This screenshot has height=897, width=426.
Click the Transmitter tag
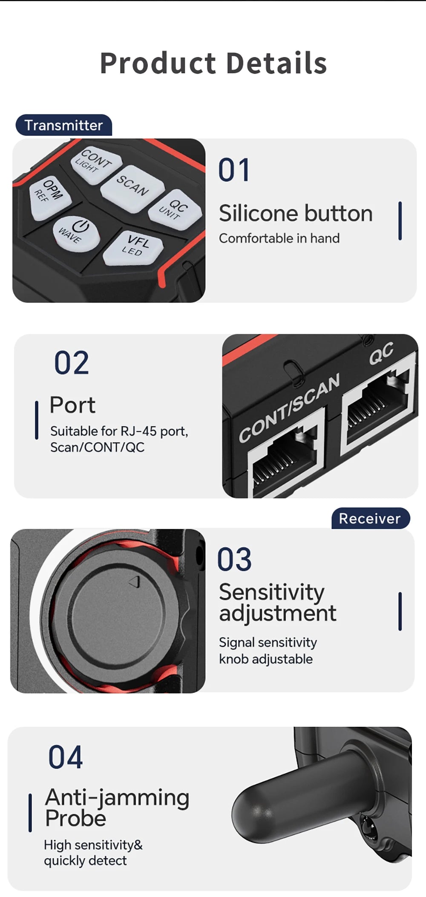(x=64, y=125)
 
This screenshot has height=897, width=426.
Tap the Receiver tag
(x=370, y=518)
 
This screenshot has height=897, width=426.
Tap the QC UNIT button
(x=175, y=209)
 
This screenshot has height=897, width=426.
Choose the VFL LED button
(x=133, y=247)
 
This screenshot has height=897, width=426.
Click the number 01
(x=234, y=170)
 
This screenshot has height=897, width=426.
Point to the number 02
(x=72, y=363)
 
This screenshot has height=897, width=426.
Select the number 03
(x=234, y=559)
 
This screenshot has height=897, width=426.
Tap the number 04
(x=66, y=757)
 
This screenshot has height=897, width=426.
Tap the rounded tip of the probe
(x=247, y=808)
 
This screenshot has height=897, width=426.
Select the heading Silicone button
(x=296, y=213)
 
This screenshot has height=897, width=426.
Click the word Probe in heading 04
(x=76, y=818)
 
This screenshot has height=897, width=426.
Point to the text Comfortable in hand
(x=279, y=238)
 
